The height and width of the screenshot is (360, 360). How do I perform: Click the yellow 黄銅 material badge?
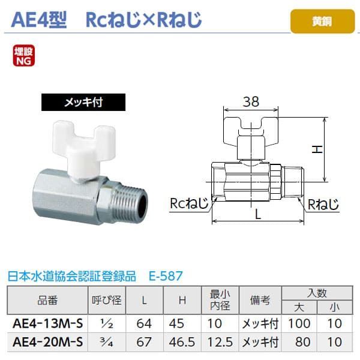pyautogui.click(x=321, y=21)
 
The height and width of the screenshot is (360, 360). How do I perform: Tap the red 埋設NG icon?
pyautogui.click(x=22, y=56)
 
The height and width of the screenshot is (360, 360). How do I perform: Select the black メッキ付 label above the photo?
pyautogui.click(x=84, y=101)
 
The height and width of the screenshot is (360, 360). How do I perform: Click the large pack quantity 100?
pyautogui.click(x=299, y=325)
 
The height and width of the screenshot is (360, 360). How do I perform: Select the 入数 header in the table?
pyautogui.click(x=317, y=293)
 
